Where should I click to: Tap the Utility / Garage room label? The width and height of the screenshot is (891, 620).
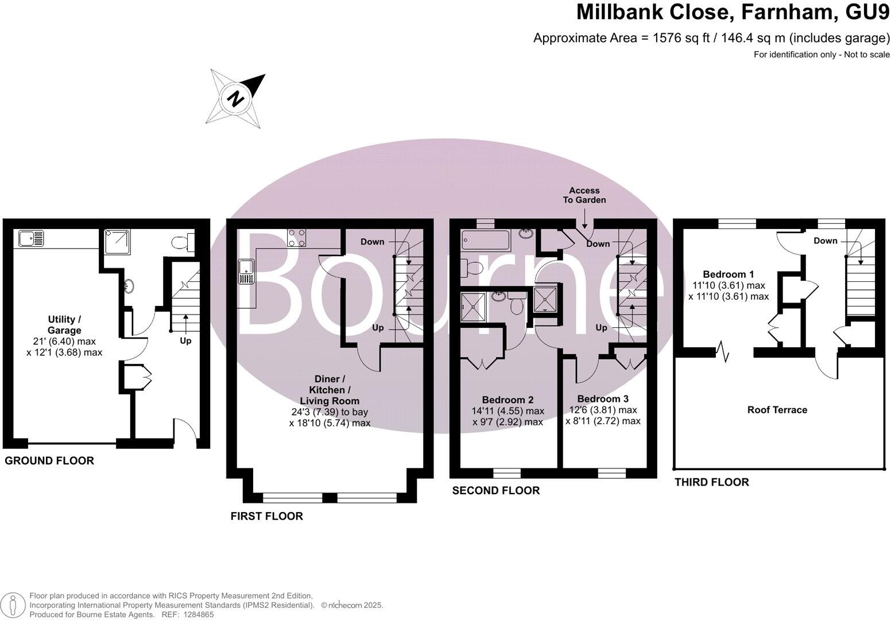click(64, 324)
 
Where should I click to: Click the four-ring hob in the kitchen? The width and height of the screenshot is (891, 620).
click(297, 238)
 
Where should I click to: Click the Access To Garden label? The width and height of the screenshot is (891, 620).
click(584, 195)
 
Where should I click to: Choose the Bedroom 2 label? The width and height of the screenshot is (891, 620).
click(508, 400)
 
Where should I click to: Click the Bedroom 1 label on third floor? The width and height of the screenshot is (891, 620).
click(728, 274)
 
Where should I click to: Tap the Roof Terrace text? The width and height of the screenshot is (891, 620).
click(777, 410)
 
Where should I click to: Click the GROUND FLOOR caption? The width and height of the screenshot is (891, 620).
click(49, 460)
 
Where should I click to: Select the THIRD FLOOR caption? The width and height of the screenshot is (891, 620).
click(711, 482)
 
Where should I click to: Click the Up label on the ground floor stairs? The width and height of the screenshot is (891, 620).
click(185, 340)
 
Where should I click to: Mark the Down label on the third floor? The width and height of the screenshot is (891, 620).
click(825, 241)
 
